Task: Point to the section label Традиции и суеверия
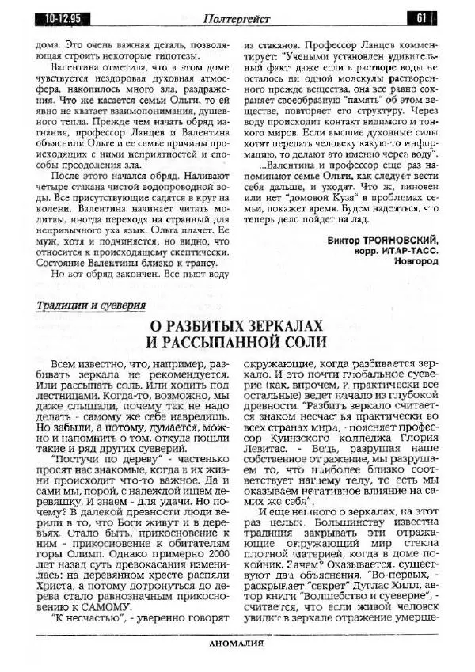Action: point(90,305)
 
